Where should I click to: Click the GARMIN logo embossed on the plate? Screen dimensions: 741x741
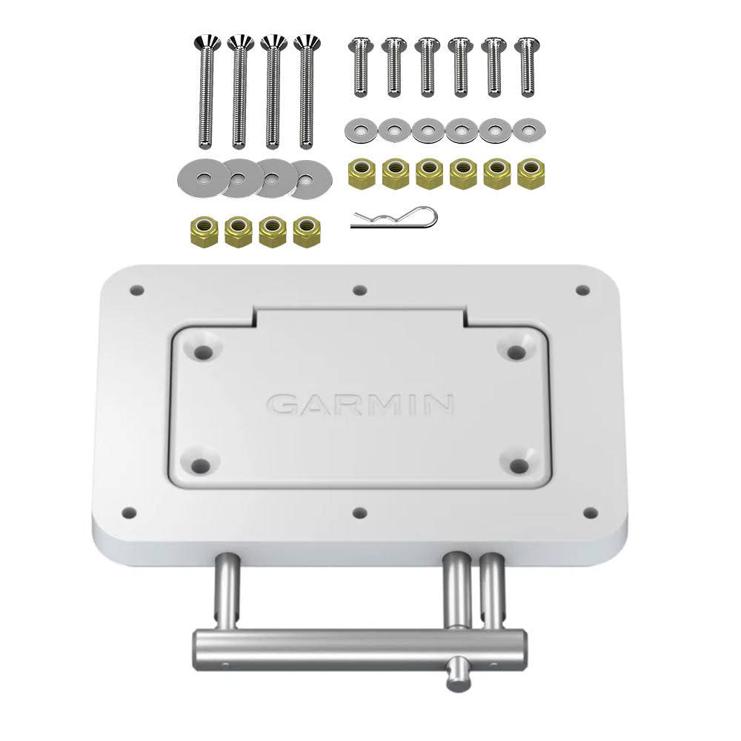(360, 405)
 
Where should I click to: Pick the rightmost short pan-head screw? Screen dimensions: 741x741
(526, 66)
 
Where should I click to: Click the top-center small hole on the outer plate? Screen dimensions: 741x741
(359, 290)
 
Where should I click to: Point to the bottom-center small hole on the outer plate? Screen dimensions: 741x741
(360, 513)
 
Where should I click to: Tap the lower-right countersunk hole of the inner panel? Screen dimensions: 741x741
(519, 465)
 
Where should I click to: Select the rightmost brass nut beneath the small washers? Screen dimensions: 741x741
(529, 174)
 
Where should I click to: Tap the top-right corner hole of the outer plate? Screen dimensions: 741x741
(583, 290)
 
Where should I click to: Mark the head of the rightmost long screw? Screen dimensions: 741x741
(305, 42)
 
